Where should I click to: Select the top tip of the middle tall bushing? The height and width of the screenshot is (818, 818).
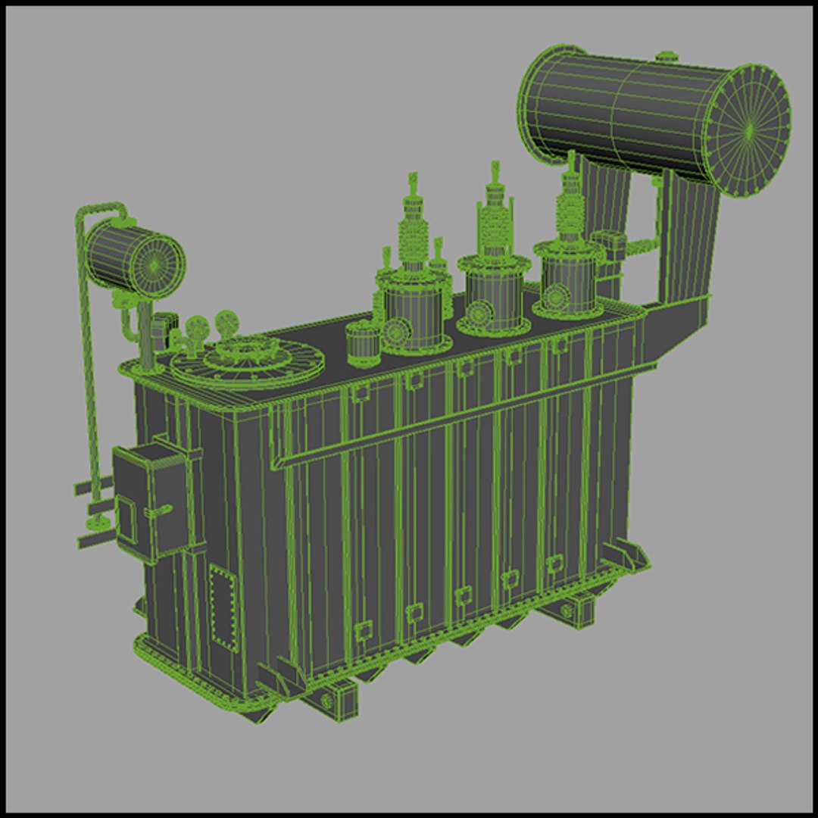tap(495, 167)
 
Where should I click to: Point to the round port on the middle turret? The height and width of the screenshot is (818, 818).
tap(478, 312)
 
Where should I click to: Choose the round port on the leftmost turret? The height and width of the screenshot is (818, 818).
tap(396, 330)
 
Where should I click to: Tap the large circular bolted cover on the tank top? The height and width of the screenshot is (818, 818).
tap(247, 361)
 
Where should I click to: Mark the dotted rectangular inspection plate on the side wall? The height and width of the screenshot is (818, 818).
tap(223, 607)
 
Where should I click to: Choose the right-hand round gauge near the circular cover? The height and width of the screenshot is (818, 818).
tap(225, 323)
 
